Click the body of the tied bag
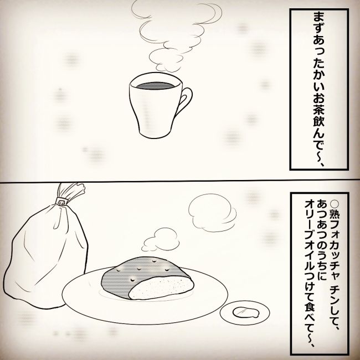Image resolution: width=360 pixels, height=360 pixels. pyautogui.click(x=39, y=249)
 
